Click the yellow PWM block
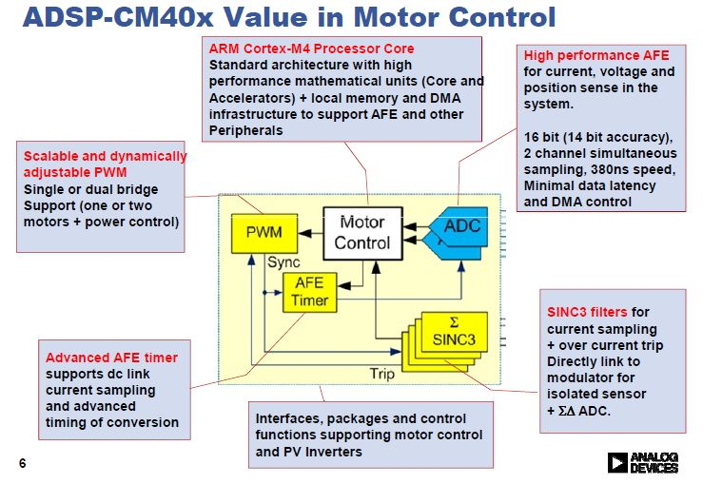tap(264, 232)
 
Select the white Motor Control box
tap(361, 232)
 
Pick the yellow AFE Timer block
tap(310, 292)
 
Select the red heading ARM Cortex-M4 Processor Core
tap(312, 48)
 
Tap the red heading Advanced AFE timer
tap(111, 358)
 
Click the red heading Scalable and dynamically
tap(105, 157)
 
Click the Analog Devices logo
tap(642, 462)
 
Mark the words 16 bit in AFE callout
tap(542, 137)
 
